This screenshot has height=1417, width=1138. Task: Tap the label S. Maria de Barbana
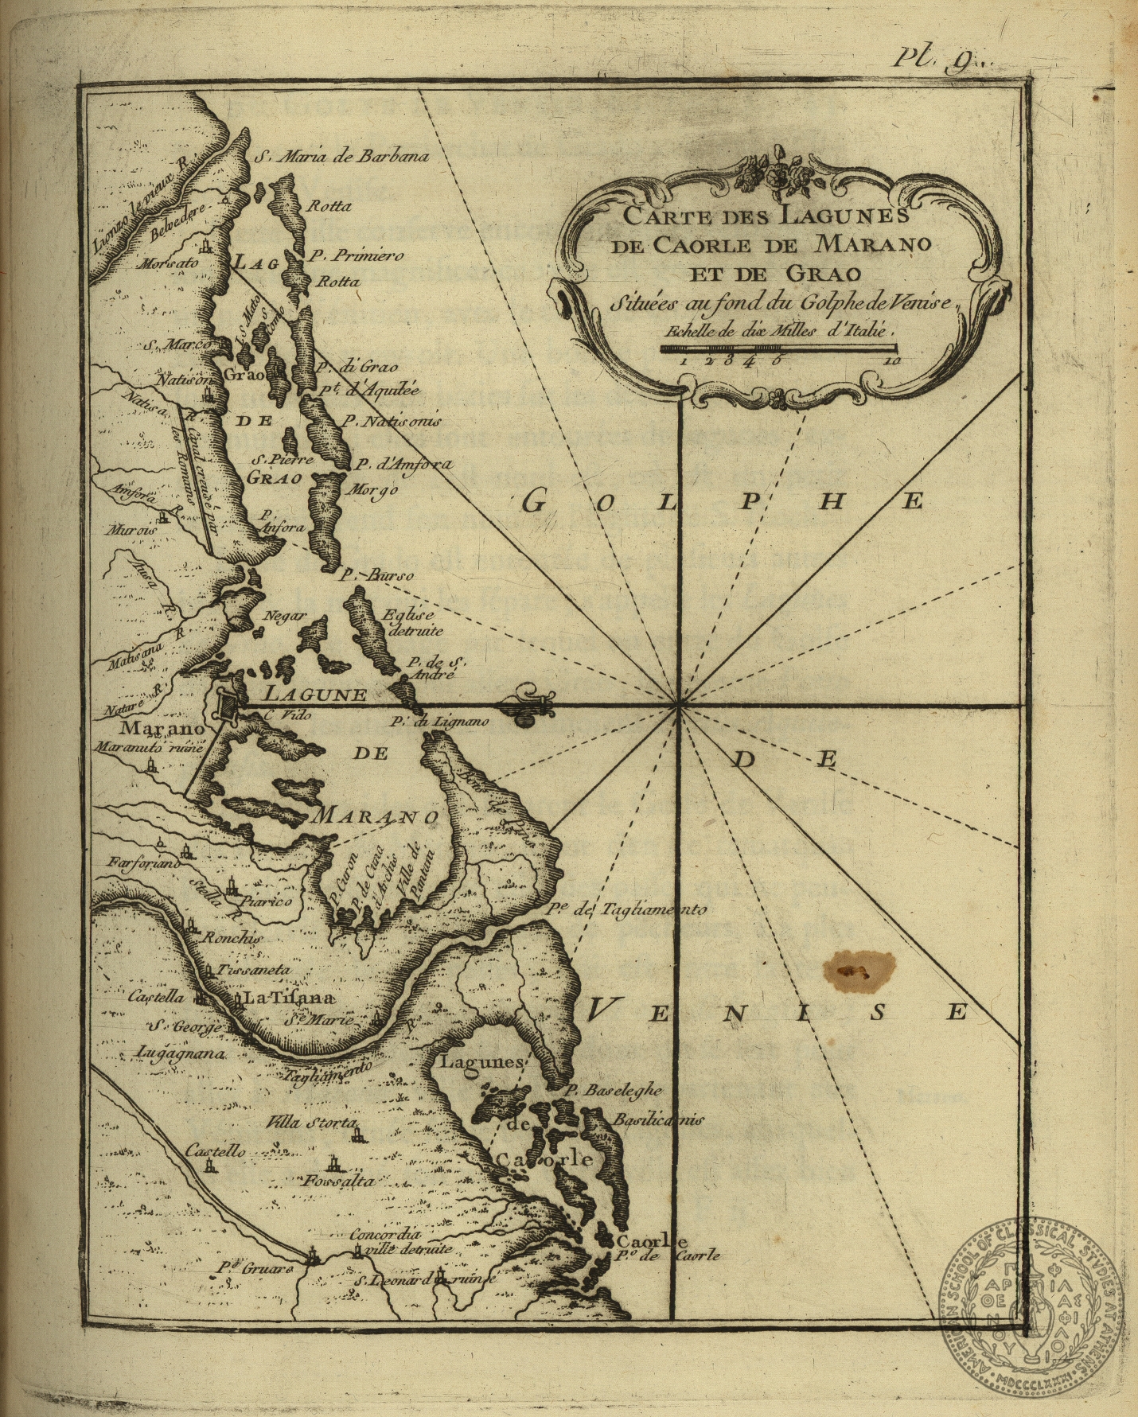[341, 156]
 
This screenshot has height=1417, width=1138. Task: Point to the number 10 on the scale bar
[891, 360]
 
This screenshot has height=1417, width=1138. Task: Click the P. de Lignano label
[439, 722]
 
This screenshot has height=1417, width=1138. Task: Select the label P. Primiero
[357, 256]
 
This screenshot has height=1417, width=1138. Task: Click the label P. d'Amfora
[403, 465]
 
